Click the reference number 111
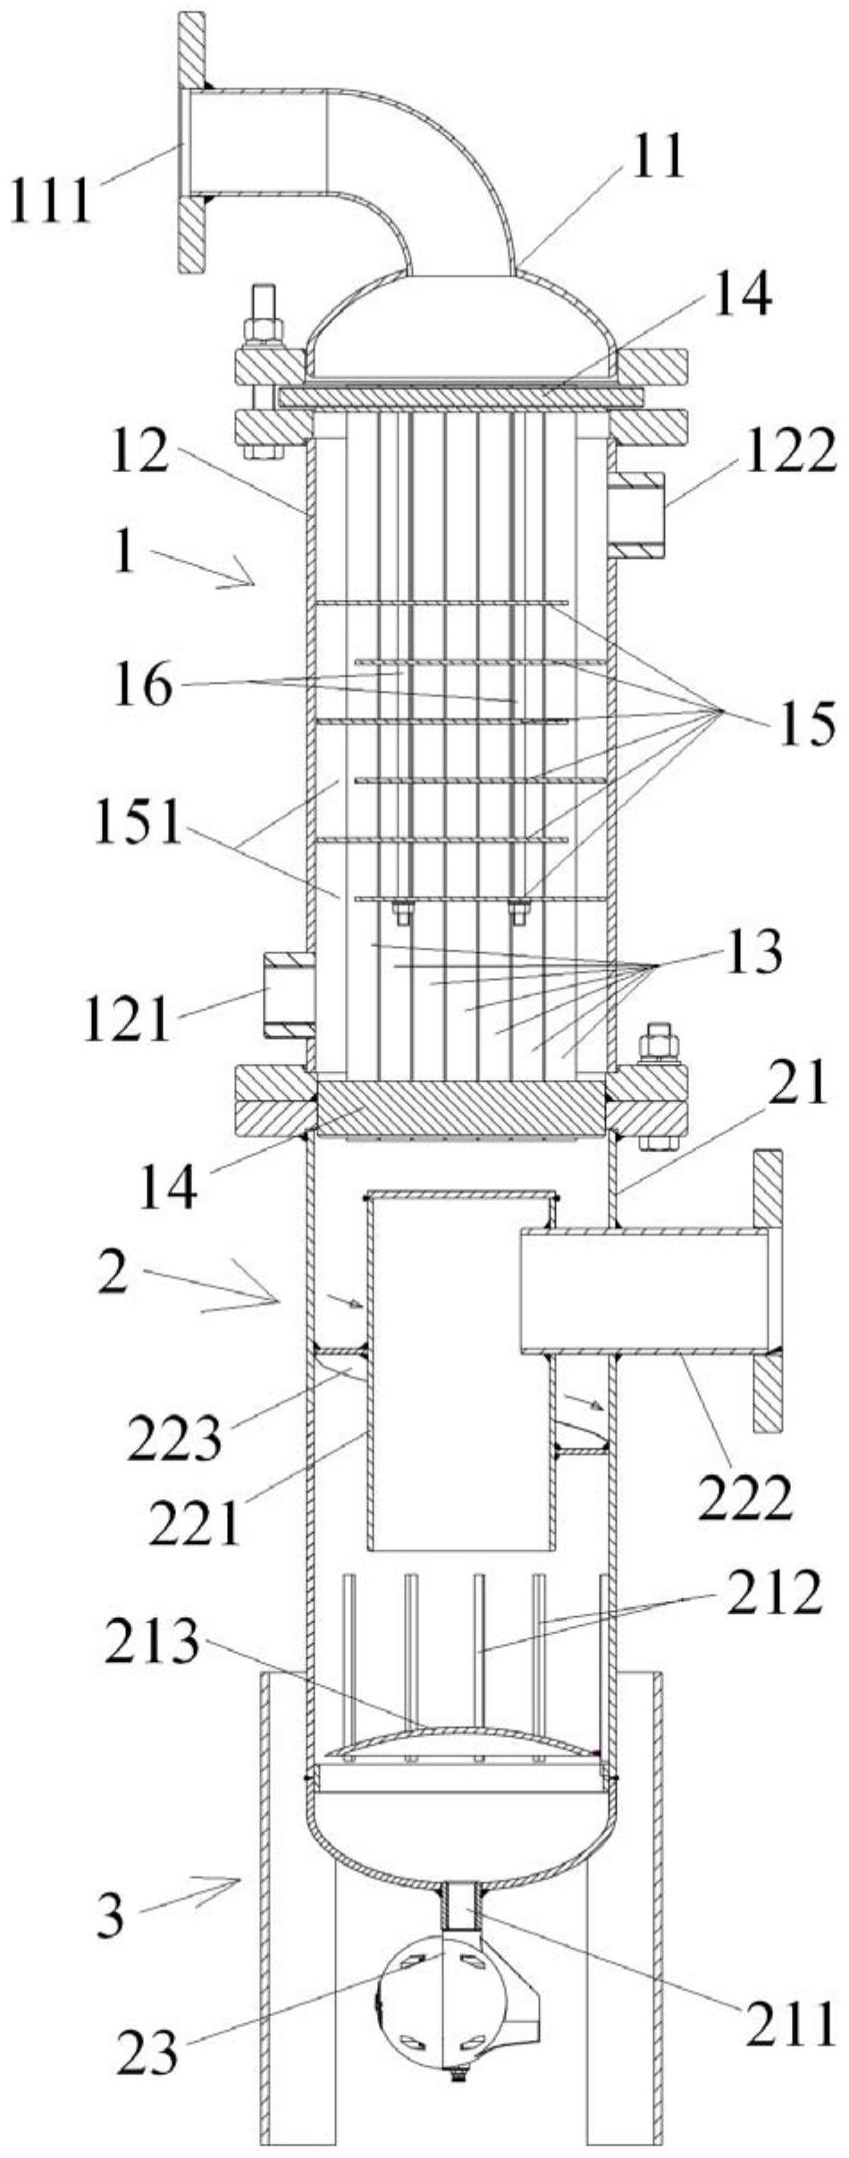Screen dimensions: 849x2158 coord(51,201)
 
